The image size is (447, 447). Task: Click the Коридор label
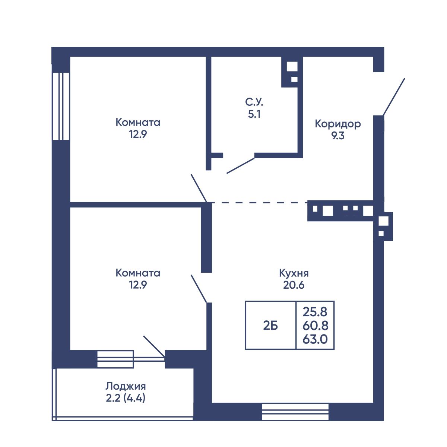click(338, 124)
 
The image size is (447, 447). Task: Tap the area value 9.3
click(338, 136)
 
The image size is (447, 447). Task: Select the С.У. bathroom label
click(254, 102)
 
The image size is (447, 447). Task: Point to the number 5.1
click(254, 114)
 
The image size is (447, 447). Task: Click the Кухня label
click(294, 273)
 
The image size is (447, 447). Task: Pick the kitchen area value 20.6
click(294, 285)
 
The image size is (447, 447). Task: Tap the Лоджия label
click(126, 386)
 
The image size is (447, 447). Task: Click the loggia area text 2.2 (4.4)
click(126, 398)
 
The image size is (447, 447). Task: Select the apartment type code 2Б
click(270, 326)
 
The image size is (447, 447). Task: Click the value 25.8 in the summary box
click(315, 312)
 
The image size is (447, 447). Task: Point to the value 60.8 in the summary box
click(315, 326)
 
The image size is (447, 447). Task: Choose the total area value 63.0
click(315, 339)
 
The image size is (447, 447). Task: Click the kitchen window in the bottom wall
click(295, 412)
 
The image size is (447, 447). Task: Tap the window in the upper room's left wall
click(61, 107)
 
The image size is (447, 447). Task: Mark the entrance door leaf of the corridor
click(394, 97)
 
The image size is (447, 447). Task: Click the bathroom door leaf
click(241, 166)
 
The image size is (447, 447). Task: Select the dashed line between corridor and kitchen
click(260, 203)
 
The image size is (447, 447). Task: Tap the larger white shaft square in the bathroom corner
click(292, 67)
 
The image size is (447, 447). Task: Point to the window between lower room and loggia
click(115, 359)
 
